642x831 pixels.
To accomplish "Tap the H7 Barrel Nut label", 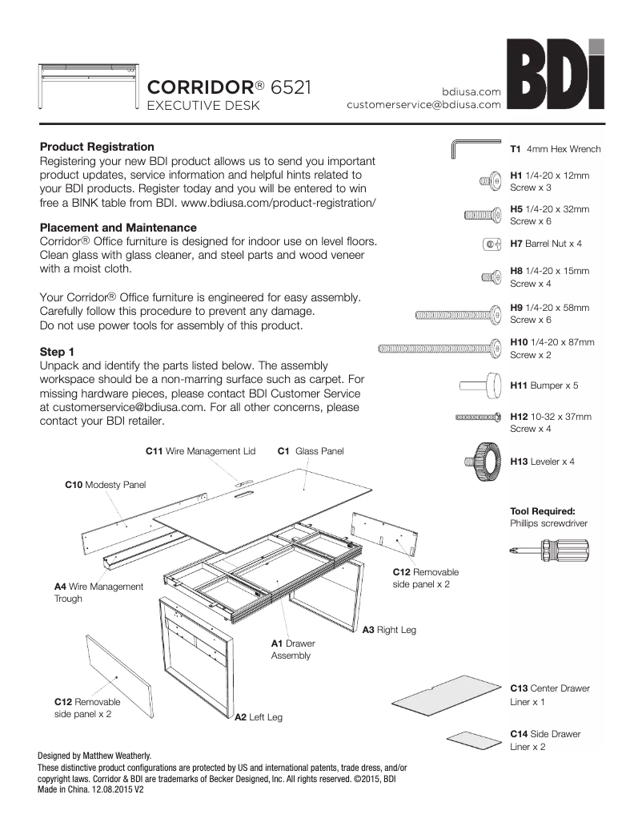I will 546,243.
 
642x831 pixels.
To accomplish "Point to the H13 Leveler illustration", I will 481,461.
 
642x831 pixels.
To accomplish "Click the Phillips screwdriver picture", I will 549,551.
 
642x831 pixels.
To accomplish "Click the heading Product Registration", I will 97,147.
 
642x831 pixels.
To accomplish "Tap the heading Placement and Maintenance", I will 118,228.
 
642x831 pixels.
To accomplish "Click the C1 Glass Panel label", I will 311,451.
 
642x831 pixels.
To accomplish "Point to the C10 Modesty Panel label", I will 106,485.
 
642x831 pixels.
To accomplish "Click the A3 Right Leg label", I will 389,630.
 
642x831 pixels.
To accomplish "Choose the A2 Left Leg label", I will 258,717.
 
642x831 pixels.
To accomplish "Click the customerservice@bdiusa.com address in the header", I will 423,104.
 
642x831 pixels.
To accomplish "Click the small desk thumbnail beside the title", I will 88,84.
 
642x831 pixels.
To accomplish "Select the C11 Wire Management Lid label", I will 200,451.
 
